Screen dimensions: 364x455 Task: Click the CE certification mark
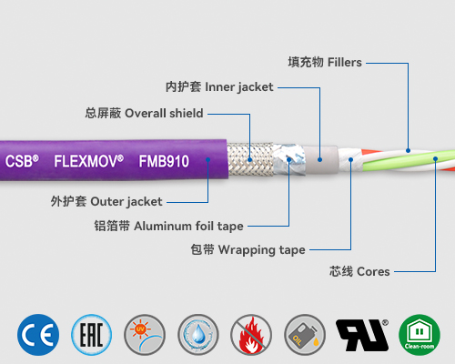38,335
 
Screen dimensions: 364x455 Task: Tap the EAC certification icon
92,335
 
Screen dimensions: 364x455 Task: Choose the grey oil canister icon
305,335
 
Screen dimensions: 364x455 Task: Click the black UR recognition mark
361,335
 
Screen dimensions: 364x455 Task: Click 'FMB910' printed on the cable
165,160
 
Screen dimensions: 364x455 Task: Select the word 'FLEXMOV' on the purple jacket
87,160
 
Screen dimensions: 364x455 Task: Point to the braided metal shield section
241,162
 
